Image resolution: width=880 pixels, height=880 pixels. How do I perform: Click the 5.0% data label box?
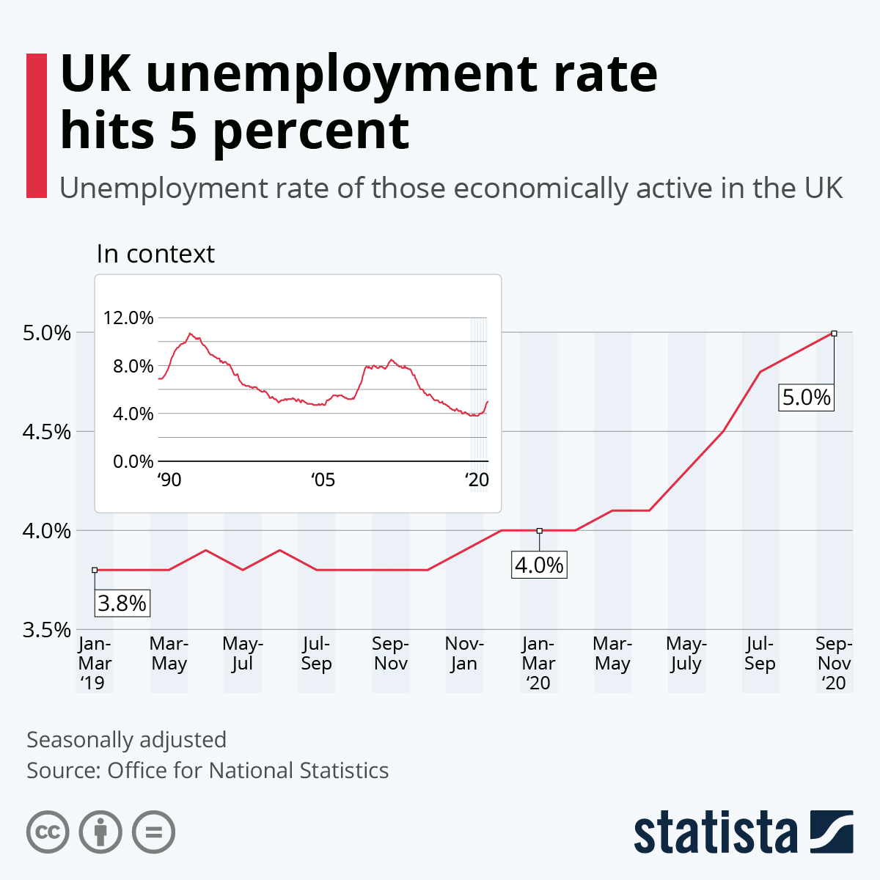[806, 397]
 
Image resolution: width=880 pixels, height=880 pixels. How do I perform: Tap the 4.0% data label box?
[539, 565]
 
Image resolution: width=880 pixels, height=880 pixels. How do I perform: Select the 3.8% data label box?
[122, 604]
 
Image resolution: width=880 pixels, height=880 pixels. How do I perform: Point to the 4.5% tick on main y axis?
[47, 432]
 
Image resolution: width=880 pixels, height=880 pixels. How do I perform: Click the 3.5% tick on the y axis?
[47, 630]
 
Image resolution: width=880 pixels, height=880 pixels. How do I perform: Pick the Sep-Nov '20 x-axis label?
[834, 663]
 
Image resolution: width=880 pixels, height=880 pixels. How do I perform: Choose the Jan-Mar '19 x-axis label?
[95, 663]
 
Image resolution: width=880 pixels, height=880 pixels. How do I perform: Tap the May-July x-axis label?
[686, 653]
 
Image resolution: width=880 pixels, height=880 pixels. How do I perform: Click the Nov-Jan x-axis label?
[464, 653]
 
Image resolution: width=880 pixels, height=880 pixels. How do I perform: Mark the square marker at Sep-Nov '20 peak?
[834, 333]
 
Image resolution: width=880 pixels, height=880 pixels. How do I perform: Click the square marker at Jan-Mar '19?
[95, 570]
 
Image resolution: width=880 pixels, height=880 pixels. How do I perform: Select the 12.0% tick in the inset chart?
[129, 318]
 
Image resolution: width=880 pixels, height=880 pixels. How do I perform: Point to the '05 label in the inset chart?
[323, 480]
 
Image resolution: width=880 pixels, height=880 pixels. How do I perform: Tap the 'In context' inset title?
[155, 254]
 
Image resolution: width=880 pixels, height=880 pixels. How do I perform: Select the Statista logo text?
[715, 832]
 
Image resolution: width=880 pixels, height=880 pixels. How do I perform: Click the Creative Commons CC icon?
[48, 832]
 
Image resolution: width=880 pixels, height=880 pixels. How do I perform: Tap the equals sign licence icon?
[154, 832]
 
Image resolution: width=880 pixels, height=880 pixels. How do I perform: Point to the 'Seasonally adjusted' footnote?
[126, 739]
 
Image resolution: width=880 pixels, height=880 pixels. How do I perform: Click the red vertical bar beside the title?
[36, 125]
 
